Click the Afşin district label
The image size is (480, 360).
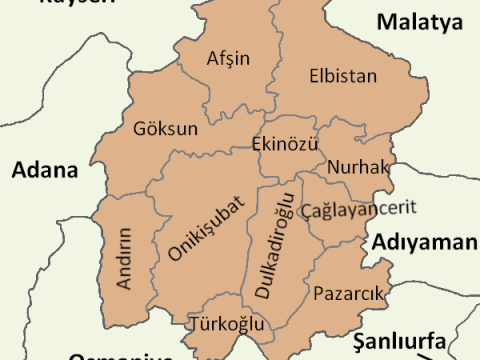[227, 58]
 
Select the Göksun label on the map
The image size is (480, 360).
[165, 129]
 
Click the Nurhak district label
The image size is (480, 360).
[356, 166]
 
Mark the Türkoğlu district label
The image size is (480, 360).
[226, 324]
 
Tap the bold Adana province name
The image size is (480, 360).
[44, 170]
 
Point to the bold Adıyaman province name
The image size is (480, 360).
[425, 243]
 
